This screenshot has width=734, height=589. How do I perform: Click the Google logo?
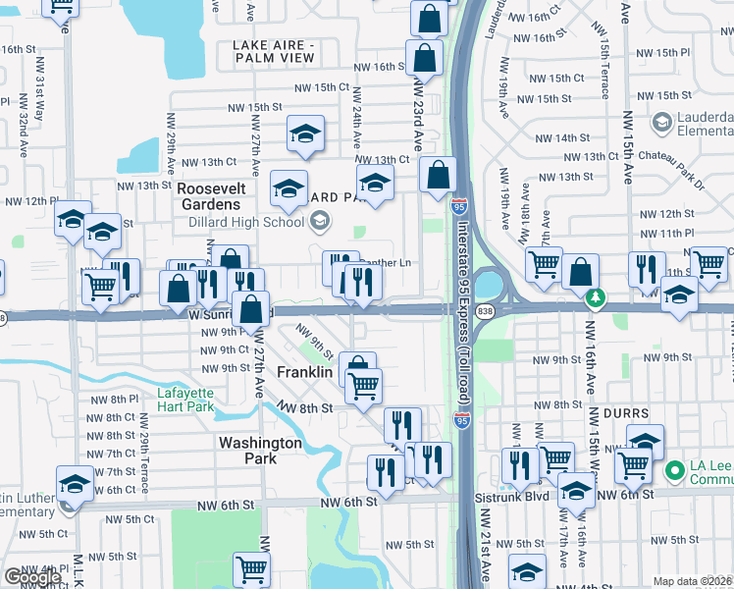coord(31,577)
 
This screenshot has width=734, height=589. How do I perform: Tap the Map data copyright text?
coord(692,581)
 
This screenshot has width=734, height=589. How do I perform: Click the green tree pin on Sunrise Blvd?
coord(593,296)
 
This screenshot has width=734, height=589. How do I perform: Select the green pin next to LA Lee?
coord(673,471)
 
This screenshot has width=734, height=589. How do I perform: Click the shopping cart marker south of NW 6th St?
coord(251,568)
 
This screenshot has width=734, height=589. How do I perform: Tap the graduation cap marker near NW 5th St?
coord(528,570)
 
